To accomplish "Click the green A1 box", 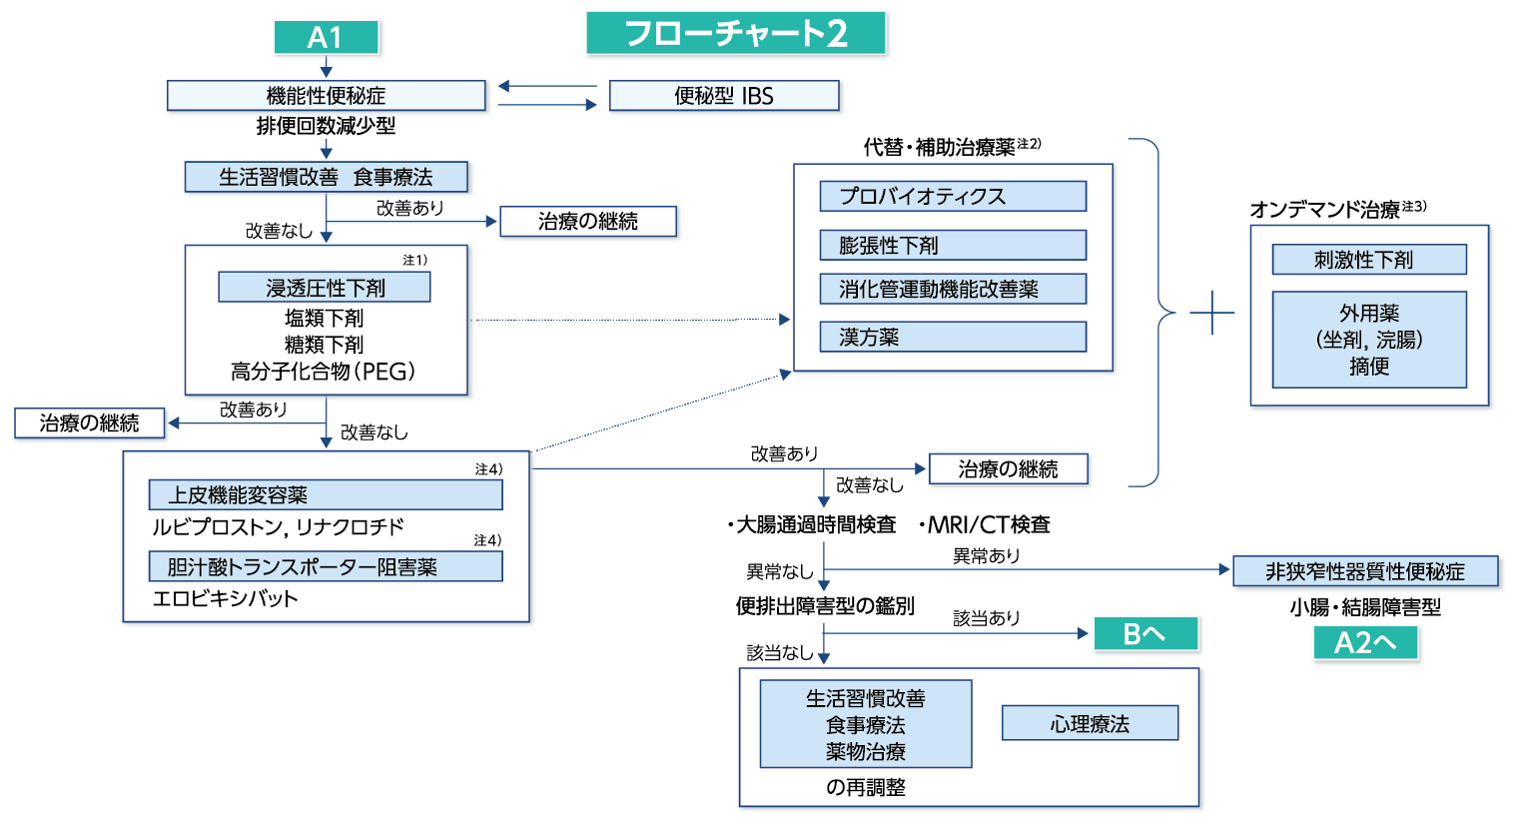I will (326, 37).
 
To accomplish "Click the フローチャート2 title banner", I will (736, 34).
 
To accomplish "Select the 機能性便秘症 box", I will (326, 96).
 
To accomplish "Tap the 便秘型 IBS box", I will (724, 96).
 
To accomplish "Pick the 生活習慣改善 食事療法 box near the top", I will (326, 177).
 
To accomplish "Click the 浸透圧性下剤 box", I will (325, 288).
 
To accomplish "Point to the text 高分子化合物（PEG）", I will (324, 372).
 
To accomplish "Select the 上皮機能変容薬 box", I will (325, 494).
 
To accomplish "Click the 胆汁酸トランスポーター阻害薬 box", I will (325, 566).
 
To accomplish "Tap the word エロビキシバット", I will (225, 599).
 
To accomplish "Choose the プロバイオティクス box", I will (952, 196).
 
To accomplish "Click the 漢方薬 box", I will (952, 337).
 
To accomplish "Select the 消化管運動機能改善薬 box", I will (952, 289).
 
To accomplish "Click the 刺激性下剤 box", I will (1368, 260).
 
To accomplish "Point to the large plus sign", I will (1212, 313).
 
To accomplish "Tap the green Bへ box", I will (1144, 633).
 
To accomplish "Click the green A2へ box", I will (1365, 642).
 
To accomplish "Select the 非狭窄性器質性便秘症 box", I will (1365, 571).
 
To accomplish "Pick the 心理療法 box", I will (1090, 723).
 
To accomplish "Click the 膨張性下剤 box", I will (952, 245).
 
